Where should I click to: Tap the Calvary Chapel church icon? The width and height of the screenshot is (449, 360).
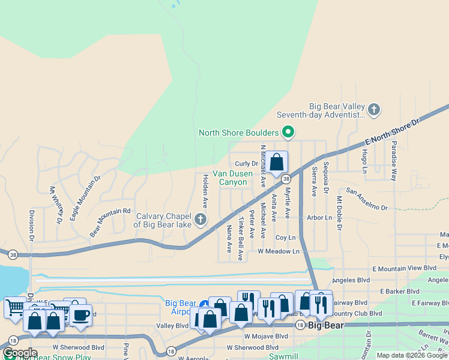(200, 220)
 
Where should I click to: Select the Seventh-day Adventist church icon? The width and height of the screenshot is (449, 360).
(374, 110)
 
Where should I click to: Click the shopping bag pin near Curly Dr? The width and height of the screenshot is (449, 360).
(277, 162)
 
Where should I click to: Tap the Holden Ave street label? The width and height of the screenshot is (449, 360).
(205, 191)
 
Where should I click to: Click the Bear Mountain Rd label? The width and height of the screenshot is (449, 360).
(110, 221)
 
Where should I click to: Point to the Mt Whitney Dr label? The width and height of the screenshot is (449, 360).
(56, 205)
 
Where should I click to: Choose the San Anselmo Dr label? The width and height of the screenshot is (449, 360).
(367, 200)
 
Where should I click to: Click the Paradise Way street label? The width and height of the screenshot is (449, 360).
(394, 161)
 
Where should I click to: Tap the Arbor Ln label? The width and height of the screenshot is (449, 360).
(320, 218)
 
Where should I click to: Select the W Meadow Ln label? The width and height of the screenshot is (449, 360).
(279, 251)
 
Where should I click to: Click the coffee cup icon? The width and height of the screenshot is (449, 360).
(80, 314)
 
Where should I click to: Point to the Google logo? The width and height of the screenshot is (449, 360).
(19, 353)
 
